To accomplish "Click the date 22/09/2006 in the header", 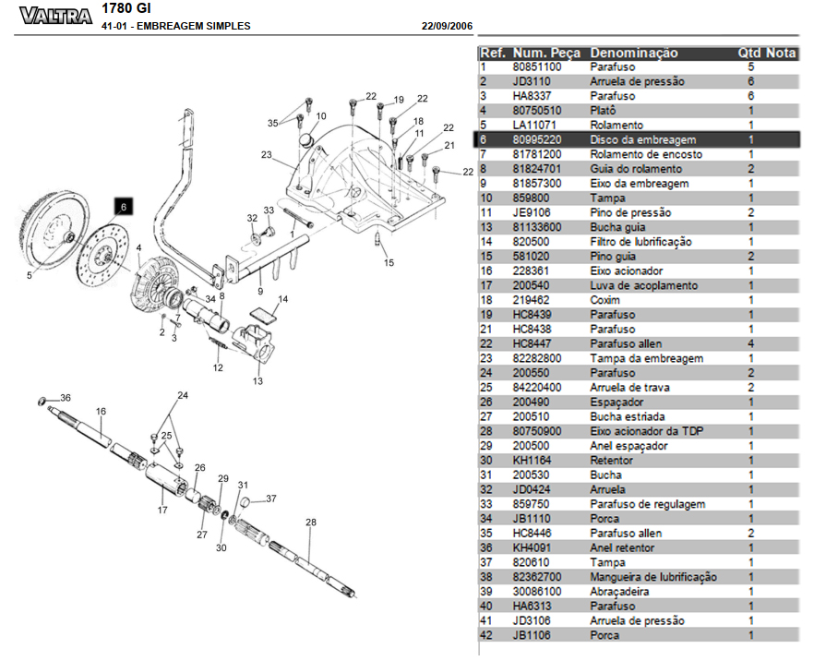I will (447, 27).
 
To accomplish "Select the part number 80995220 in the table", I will (536, 139).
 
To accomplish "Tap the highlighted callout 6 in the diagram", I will (124, 207).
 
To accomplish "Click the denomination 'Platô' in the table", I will (604, 111).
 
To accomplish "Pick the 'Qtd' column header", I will (748, 54).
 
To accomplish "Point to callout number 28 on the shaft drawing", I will (311, 523).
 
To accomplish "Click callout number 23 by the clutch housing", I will (267, 155).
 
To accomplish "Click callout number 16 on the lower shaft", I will (102, 412).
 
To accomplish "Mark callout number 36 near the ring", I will (66, 397).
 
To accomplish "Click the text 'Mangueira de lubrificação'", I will (652, 577).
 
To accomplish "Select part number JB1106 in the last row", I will (529, 635).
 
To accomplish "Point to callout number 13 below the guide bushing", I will (257, 381).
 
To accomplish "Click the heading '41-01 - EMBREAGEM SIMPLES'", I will (176, 27).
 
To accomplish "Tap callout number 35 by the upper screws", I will (273, 123).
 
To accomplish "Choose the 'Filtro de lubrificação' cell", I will (640, 242).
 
